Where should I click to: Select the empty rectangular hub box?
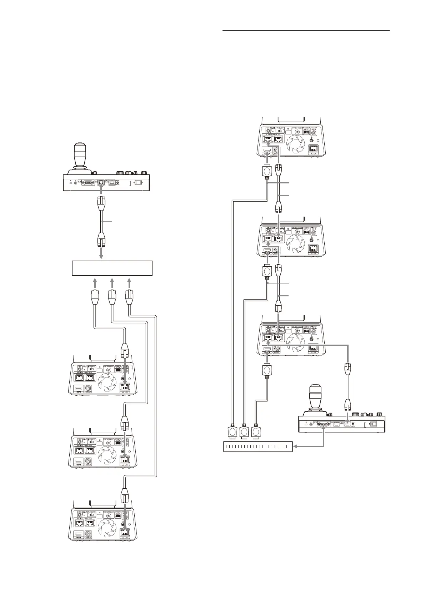tap(112, 268)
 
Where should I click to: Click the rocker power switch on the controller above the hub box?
tap(138, 183)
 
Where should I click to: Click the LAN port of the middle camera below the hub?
tap(125, 461)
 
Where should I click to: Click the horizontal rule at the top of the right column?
tap(306, 31)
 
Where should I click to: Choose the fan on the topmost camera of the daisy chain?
tap(295, 144)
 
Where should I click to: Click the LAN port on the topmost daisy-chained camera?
tap(313, 149)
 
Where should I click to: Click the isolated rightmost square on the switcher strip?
tap(285, 446)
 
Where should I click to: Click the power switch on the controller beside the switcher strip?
tap(374, 424)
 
